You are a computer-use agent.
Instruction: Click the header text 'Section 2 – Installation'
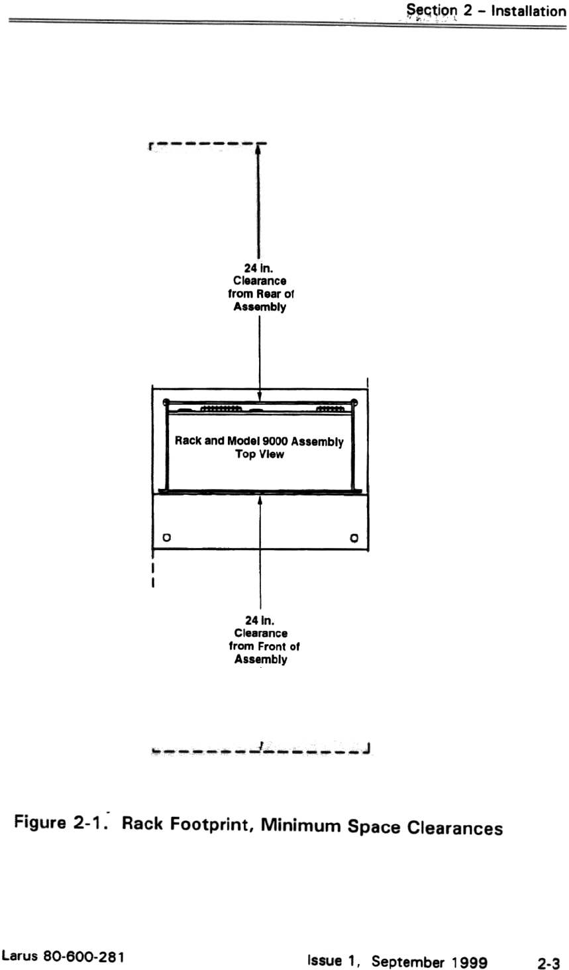(x=486, y=11)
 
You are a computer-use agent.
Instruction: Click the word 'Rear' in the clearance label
(x=272, y=294)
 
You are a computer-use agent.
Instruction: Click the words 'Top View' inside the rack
(x=260, y=455)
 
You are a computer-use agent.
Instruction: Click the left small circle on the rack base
(x=167, y=537)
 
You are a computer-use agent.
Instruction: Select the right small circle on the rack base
(x=354, y=537)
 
